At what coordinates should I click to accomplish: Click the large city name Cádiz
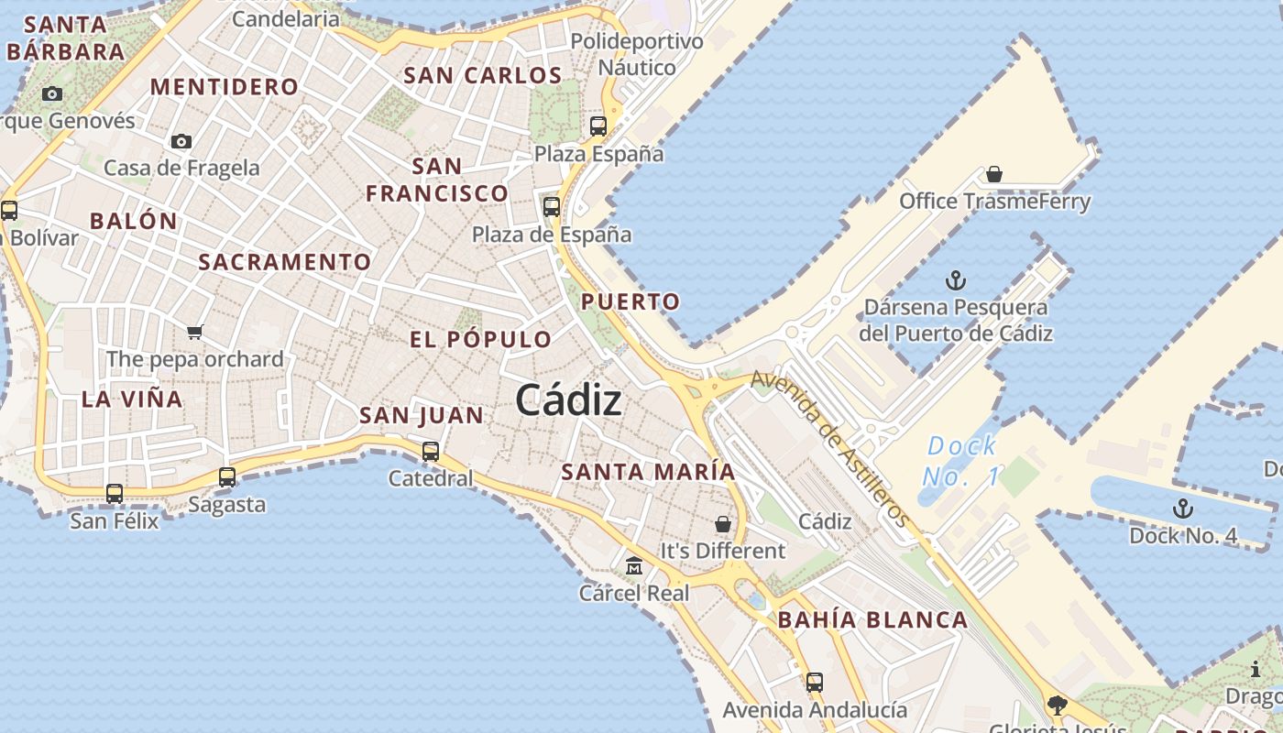568,400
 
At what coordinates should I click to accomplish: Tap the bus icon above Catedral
431,452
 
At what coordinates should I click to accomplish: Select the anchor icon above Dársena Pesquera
956,280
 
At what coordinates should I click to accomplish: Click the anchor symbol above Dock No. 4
1183,509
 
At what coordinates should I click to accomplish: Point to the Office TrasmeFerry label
994,202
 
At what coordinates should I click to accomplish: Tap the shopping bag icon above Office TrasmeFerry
994,174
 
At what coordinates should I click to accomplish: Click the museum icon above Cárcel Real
634,565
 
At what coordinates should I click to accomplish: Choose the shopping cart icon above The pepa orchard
194,332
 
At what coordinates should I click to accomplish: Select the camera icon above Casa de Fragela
181,141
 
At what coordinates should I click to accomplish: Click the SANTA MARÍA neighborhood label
648,472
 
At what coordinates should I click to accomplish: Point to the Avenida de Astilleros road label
831,449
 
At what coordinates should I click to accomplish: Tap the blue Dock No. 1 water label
960,461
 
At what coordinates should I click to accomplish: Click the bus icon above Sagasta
227,477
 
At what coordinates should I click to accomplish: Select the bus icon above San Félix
115,494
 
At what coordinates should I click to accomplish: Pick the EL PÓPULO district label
480,339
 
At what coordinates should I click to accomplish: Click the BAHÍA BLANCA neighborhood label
872,620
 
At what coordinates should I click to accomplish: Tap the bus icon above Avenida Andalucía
815,683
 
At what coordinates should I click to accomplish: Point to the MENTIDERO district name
225,87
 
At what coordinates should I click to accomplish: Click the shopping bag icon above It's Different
723,524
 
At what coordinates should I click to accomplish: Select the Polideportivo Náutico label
637,54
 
